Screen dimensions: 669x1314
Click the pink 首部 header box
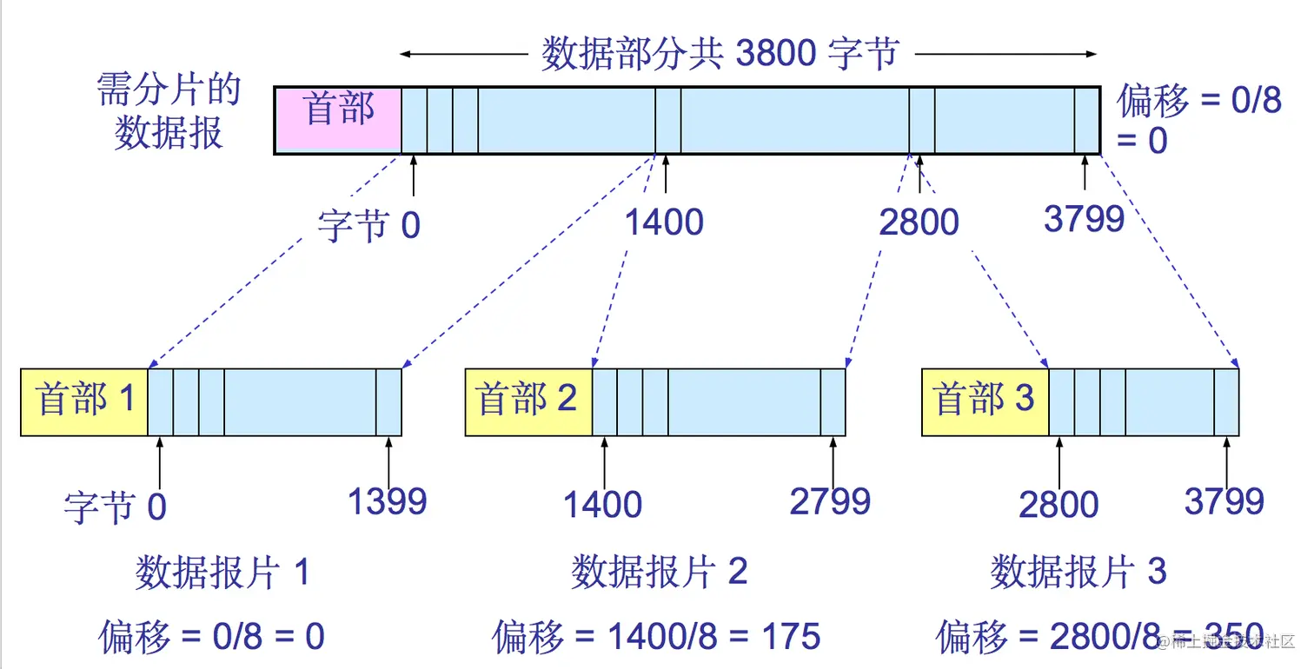click(338, 120)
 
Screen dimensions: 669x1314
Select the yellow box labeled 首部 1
click(84, 401)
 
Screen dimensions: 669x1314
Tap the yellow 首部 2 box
click(528, 401)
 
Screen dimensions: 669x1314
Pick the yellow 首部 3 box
click(985, 401)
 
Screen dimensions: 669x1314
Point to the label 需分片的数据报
click(169, 113)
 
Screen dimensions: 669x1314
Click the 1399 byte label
click(388, 501)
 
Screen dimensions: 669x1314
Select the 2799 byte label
click(830, 501)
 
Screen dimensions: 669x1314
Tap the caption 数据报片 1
click(222, 573)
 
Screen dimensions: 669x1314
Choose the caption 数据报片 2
click(660, 573)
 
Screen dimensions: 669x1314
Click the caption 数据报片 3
click(1078, 573)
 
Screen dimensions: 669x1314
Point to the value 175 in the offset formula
click(789, 638)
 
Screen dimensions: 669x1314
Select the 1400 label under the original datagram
click(664, 223)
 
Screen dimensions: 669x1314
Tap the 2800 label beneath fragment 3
click(1058, 505)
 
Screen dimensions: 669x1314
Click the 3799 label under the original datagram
click(1084, 220)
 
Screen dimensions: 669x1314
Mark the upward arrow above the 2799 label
click(833, 461)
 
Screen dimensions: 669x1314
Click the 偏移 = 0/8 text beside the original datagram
click(1199, 102)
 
